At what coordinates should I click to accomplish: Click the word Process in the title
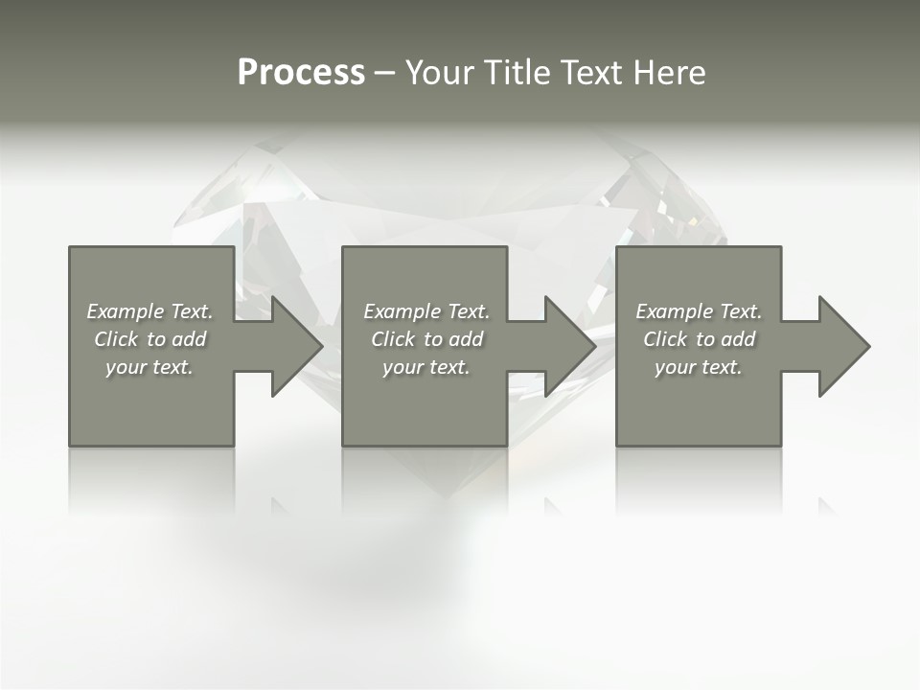(x=301, y=73)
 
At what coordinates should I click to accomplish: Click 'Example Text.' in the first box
(x=149, y=311)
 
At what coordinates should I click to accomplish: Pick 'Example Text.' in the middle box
(x=426, y=311)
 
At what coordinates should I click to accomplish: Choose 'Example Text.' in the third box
(x=699, y=311)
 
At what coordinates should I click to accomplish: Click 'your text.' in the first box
(x=149, y=367)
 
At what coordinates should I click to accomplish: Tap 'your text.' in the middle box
(x=426, y=367)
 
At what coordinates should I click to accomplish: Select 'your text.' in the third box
(x=699, y=367)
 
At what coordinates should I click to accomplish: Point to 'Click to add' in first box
(x=149, y=339)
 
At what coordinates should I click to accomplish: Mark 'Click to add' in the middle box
(x=426, y=339)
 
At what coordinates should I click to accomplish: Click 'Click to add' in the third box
(x=699, y=339)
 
